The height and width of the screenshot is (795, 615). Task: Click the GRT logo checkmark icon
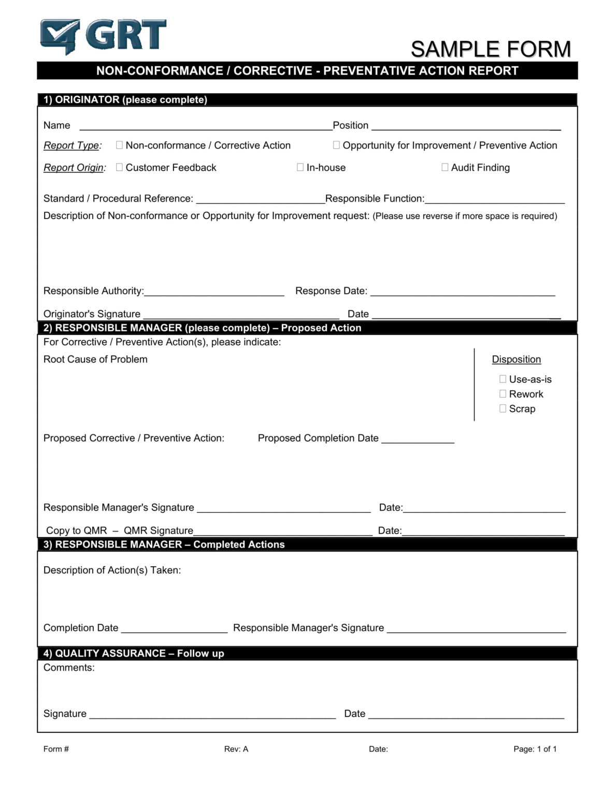60,36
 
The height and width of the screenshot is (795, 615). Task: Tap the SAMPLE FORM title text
490,49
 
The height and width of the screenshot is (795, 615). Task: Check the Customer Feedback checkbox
119,167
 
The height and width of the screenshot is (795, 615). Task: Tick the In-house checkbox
300,167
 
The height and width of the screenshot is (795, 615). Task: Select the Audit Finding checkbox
445,167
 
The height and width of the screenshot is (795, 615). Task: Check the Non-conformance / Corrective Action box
119,145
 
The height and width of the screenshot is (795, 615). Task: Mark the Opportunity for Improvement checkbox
336,145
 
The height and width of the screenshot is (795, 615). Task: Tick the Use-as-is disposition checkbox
503,379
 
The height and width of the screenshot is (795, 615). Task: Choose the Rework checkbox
503,394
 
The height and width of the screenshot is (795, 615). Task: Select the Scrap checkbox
503,408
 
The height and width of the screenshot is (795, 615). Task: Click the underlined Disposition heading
516,359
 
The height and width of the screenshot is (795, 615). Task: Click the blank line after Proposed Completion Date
418,440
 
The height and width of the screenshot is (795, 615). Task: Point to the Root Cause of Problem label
95,359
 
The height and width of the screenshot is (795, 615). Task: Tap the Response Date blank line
462,293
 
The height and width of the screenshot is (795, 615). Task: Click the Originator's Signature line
241,316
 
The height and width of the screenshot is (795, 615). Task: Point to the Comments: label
69,668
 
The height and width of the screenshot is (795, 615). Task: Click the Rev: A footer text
236,749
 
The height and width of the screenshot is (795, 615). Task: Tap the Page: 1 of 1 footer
535,749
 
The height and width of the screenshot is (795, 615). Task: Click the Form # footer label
56,749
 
